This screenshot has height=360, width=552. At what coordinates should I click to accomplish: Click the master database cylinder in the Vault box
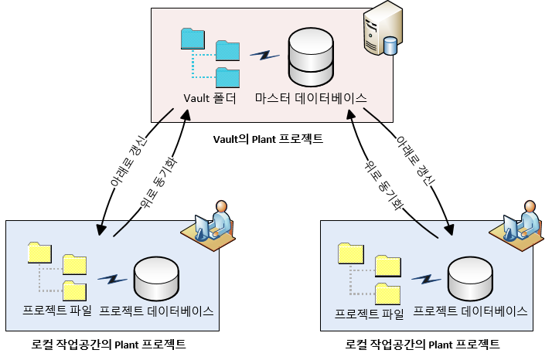point(310,58)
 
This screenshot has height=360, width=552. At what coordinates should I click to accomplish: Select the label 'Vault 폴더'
point(209,98)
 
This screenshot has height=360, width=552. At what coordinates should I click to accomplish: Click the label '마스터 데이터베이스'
point(311,98)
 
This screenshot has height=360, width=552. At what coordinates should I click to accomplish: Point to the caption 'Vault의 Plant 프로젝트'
point(267,139)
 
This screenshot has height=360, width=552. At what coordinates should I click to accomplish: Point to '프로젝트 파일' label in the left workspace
point(58,311)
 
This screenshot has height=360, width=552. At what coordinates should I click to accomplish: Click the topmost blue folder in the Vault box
point(192,38)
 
